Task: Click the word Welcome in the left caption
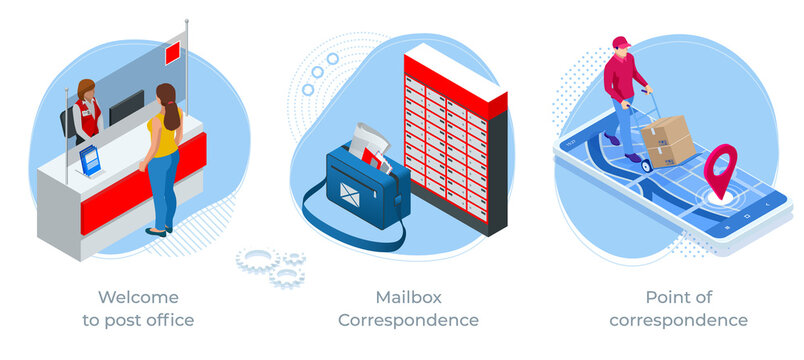pos(138,297)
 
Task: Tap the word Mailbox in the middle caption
pos(408,297)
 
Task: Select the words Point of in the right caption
pos(677,297)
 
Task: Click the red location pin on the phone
pos(719,165)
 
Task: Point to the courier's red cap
pos(621,43)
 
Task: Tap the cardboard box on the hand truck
pos(668,139)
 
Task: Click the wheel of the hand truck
pos(646,165)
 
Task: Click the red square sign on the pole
pos(172,51)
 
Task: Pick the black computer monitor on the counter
pos(126,107)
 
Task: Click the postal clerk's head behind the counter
pos(86,90)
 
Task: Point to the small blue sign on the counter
pos(90,158)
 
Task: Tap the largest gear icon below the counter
pos(255,260)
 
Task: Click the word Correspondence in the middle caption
pos(408,321)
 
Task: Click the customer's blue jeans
pos(163,190)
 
